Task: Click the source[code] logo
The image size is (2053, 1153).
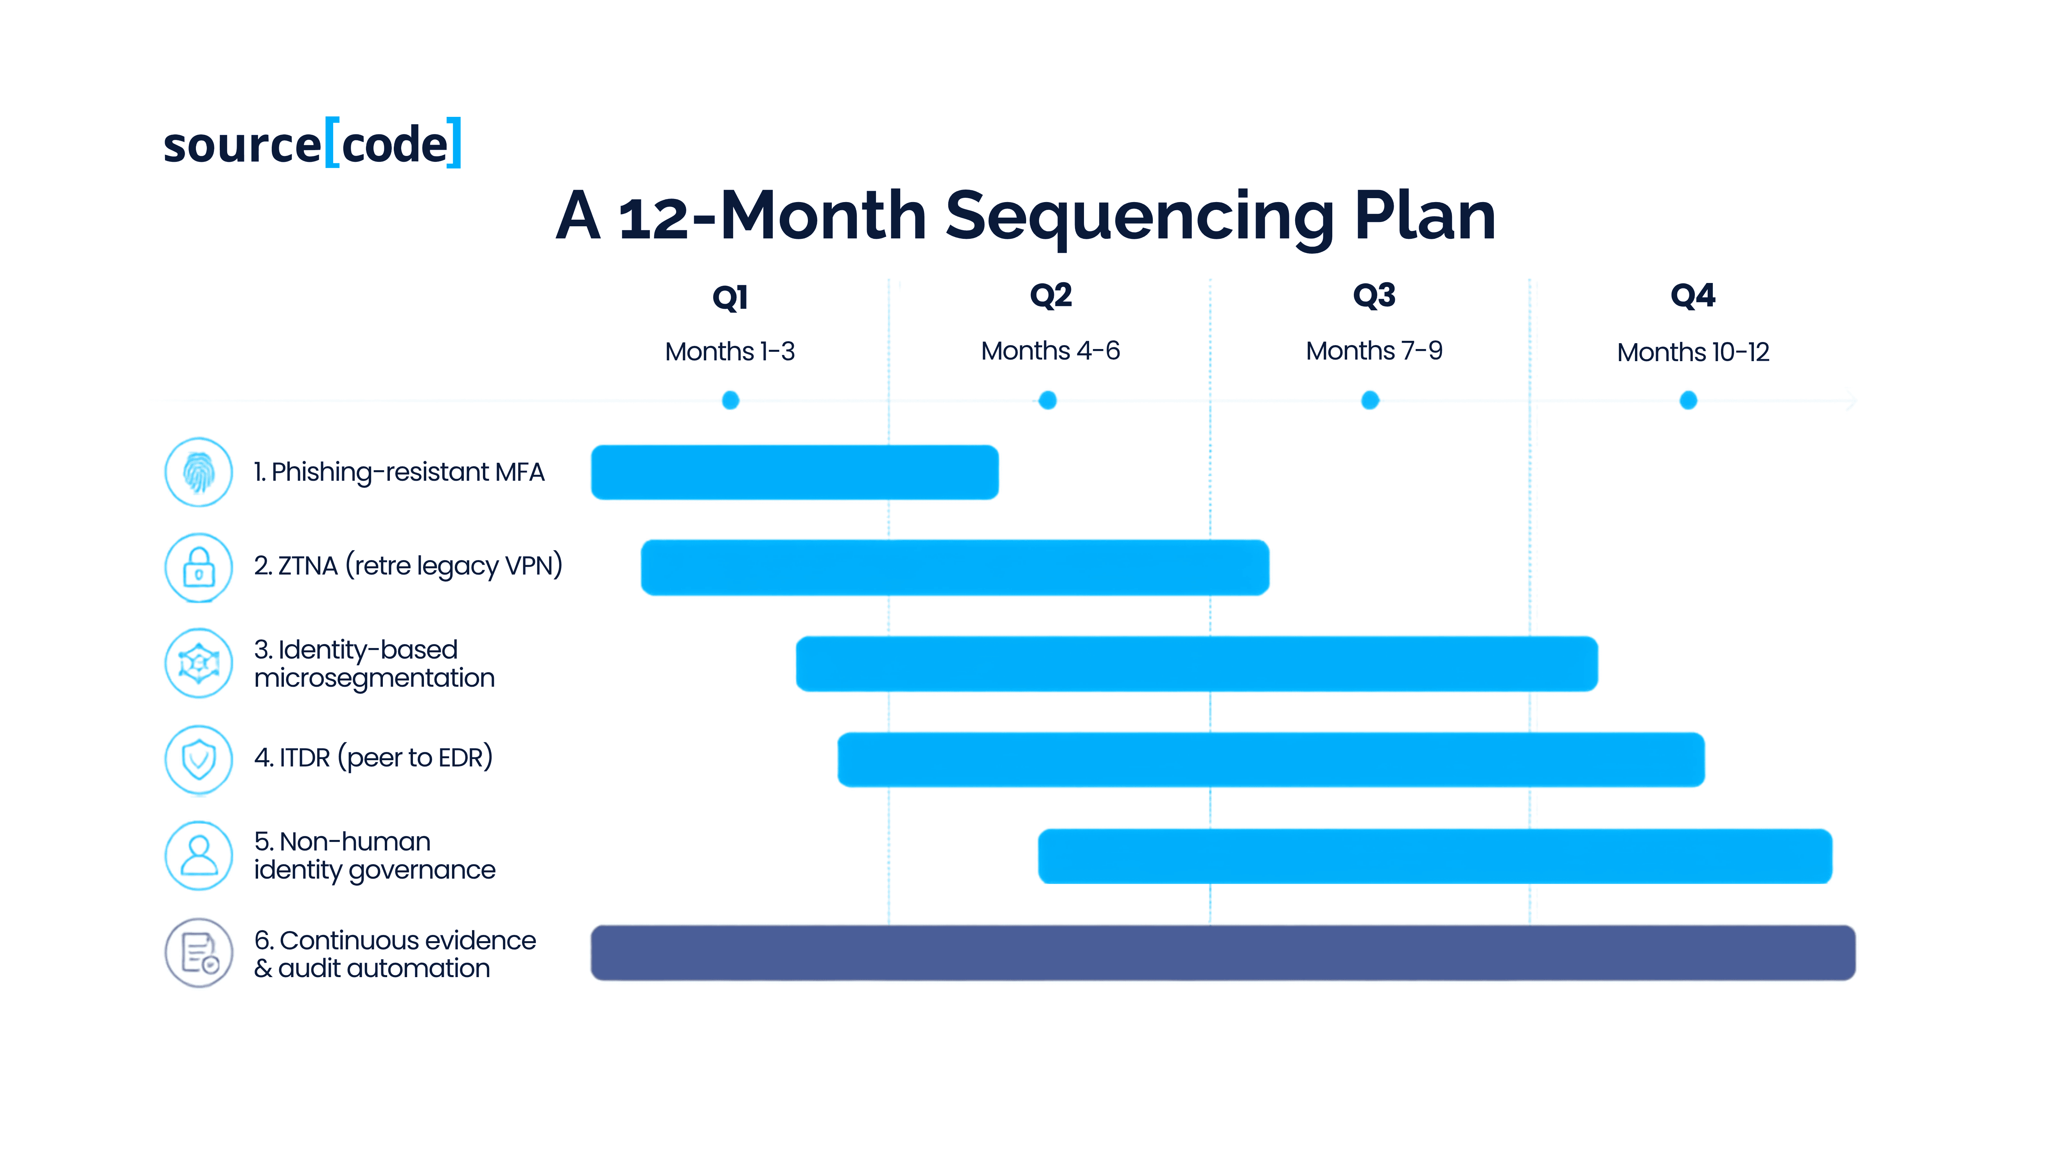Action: point(312,143)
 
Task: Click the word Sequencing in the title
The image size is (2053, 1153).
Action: point(1140,217)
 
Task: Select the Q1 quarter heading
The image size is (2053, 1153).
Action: point(730,297)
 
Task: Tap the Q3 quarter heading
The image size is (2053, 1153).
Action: point(1374,295)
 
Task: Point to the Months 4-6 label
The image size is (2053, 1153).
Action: point(1050,351)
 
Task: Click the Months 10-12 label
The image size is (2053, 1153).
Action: point(1693,352)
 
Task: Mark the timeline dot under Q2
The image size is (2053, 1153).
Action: point(1048,400)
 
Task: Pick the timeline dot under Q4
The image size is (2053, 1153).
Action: point(1688,400)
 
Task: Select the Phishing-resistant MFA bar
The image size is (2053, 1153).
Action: point(795,473)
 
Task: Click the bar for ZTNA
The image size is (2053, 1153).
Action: point(955,568)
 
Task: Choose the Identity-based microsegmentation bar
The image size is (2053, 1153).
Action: point(1196,664)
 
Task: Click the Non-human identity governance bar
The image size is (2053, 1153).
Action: point(1434,857)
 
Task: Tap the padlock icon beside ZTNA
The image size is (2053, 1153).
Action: point(198,568)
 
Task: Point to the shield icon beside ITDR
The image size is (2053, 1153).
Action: point(198,759)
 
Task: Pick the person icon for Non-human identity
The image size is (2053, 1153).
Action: point(198,856)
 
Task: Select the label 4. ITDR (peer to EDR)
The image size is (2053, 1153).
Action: point(373,758)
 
